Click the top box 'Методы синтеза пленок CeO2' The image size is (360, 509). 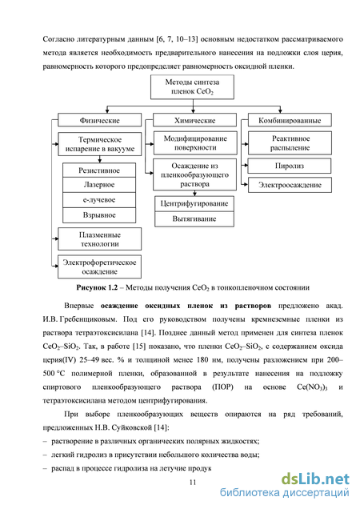(x=192, y=87)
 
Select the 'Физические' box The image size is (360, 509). (x=100, y=120)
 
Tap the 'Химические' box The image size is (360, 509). (x=194, y=120)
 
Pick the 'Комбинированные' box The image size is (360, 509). (x=290, y=120)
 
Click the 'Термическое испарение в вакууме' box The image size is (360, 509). (x=100, y=144)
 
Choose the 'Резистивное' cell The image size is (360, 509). (x=99, y=170)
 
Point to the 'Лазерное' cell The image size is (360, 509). (x=99, y=185)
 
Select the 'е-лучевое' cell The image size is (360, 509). (x=99, y=200)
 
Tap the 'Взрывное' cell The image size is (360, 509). (x=99, y=215)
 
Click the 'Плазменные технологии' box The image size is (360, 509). (x=100, y=239)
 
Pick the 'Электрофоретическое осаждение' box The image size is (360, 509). (x=100, y=267)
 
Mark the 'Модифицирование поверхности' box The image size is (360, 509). (x=195, y=142)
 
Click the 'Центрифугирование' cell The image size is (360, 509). (x=194, y=204)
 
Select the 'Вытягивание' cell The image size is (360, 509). (x=194, y=219)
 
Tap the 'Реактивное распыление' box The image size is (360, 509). (x=290, y=142)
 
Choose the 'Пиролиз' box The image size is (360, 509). (x=290, y=166)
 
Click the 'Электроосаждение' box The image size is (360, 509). (x=290, y=185)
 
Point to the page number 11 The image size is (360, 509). (x=193, y=483)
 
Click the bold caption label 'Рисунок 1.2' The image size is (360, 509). (x=97, y=287)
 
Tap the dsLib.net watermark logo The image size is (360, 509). (x=315, y=479)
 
